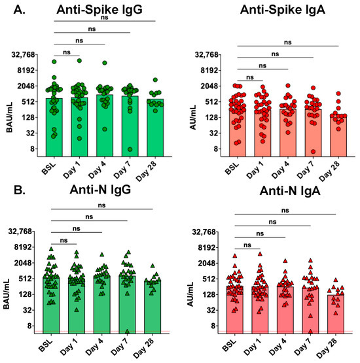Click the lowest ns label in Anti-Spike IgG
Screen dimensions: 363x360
pos(67,52)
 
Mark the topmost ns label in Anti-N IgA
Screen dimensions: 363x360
pos(285,210)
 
